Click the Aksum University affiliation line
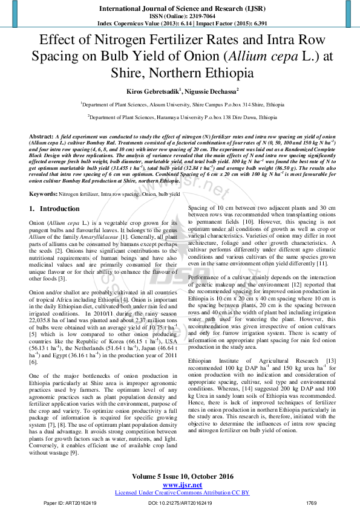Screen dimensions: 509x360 pyautogui.click(x=179, y=105)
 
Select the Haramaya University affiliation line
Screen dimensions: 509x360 pyautogui.click(x=179, y=118)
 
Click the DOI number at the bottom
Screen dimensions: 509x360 pyautogui.click(x=180, y=502)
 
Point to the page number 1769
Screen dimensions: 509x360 pyautogui.click(x=312, y=502)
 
